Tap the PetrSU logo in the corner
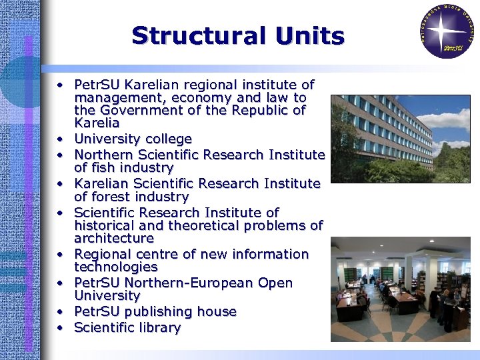446,31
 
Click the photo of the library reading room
401,289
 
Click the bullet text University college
133,139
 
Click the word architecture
114,238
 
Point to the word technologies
116,267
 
